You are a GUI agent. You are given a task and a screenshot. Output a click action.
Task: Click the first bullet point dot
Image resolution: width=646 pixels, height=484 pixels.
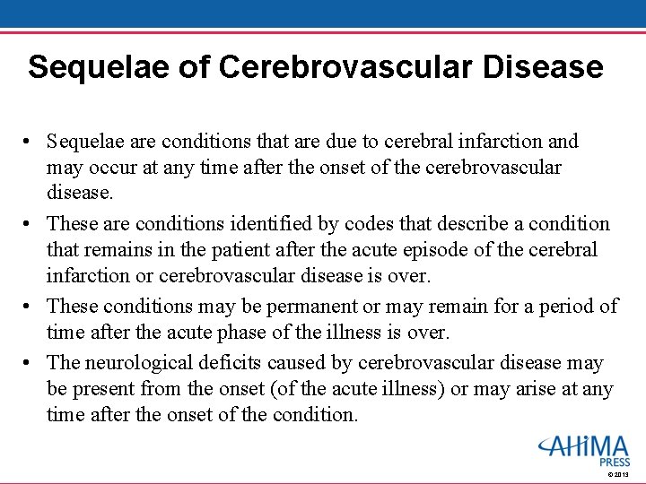(31, 142)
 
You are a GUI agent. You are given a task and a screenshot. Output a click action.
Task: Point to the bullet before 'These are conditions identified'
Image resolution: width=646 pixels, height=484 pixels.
(31, 224)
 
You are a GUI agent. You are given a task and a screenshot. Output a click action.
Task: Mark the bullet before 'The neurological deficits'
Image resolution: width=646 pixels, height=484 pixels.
(31, 363)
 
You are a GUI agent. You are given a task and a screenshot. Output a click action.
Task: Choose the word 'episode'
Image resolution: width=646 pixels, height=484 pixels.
(423, 250)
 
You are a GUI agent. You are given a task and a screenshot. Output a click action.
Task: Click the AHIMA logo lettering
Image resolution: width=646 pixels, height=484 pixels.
(584, 446)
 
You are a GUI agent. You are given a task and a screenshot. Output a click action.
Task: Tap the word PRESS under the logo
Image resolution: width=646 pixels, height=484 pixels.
(615, 462)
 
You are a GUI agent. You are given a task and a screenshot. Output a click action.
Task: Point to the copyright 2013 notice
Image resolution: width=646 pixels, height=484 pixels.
(620, 475)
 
